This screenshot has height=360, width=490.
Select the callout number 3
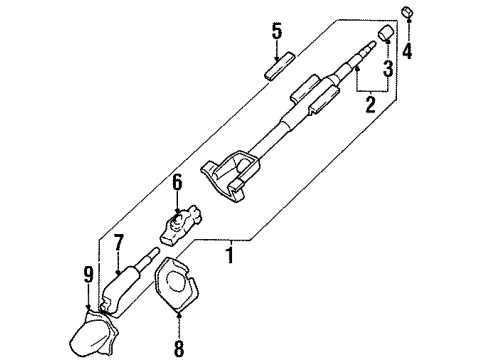click(386, 70)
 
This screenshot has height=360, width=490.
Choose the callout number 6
click(176, 182)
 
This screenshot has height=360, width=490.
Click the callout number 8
click(180, 351)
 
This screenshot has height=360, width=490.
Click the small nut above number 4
click(409, 12)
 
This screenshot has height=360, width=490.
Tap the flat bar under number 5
click(276, 70)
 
